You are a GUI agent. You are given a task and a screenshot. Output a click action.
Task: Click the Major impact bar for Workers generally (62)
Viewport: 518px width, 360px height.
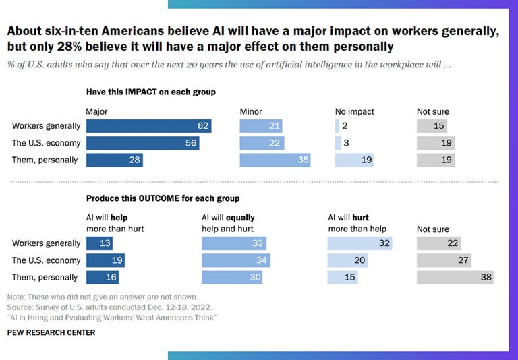pyautogui.click(x=148, y=126)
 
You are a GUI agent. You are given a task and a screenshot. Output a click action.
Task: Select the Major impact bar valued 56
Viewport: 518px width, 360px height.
pyautogui.click(x=142, y=143)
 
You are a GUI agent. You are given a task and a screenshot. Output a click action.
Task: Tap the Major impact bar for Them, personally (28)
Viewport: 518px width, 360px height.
pyautogui.click(x=114, y=160)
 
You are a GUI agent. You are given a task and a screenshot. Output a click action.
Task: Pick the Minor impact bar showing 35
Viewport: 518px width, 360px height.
pyautogui.click(x=275, y=160)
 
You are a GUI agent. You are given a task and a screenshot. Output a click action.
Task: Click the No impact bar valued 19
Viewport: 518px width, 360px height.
pyautogui.click(x=353, y=160)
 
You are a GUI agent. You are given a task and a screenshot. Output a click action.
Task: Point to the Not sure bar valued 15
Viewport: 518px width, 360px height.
pyautogui.click(x=431, y=126)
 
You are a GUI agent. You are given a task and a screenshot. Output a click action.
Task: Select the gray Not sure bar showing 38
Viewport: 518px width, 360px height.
pyautogui.click(x=455, y=277)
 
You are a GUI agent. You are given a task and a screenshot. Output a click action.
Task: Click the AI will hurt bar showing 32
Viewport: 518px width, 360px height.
pyautogui.click(x=360, y=243)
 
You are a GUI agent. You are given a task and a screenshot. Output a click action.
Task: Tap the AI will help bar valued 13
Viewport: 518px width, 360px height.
pyautogui.click(x=99, y=243)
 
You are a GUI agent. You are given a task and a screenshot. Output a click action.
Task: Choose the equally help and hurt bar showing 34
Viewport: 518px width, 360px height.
pyautogui.click(x=235, y=260)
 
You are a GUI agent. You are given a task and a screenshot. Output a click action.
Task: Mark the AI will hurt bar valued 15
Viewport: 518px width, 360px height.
pyautogui.click(x=343, y=277)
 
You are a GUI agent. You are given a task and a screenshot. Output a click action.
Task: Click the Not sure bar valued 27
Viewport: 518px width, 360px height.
pyautogui.click(x=443, y=260)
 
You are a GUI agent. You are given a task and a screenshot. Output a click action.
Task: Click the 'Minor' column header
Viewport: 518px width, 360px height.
pyautogui.click(x=251, y=111)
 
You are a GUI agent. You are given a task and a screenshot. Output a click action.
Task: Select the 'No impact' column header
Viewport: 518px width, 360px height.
pyautogui.click(x=354, y=111)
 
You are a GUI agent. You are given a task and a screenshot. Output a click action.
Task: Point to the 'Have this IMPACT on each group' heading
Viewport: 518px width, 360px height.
pyautogui.click(x=150, y=92)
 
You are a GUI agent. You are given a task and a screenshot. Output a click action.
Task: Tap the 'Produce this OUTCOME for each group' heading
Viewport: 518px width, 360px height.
pyautogui.click(x=163, y=198)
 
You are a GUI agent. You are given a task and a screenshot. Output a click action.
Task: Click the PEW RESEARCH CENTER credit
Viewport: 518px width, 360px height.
pyautogui.click(x=51, y=332)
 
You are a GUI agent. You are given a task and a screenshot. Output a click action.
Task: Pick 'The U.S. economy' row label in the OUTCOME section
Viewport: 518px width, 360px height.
pyautogui.click(x=47, y=260)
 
